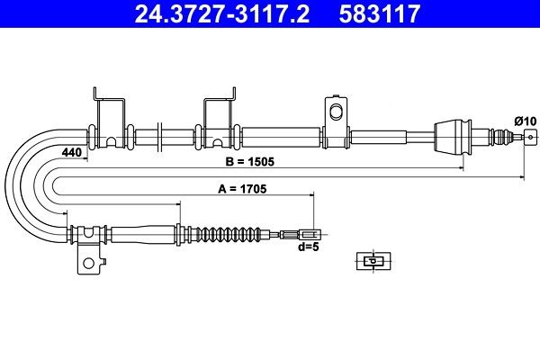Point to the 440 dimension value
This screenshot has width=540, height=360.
coord(72,152)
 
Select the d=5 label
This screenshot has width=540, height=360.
coord(309,247)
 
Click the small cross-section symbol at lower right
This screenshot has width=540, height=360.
coord(372,261)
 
